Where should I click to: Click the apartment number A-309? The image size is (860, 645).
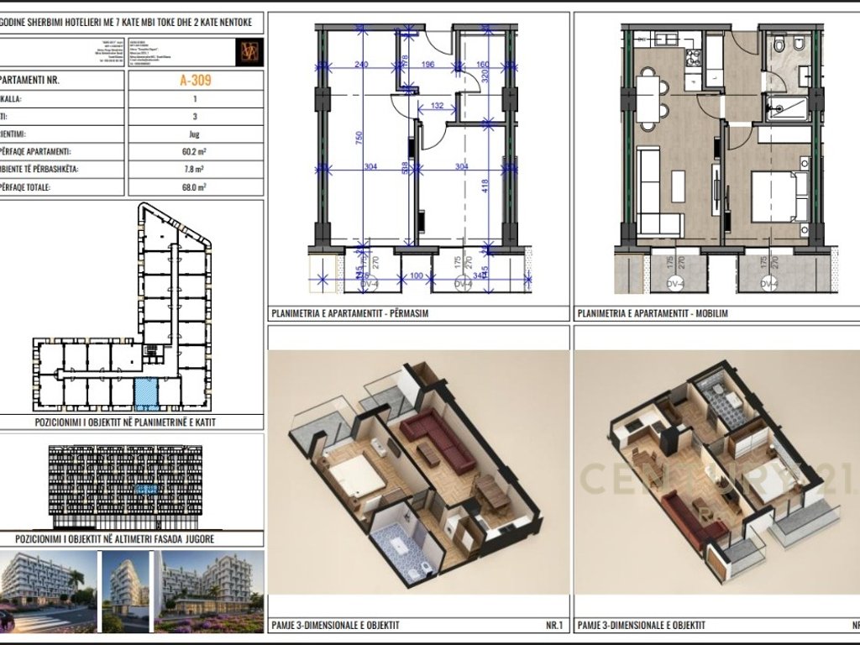pyautogui.click(x=195, y=81)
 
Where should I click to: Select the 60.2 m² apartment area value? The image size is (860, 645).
pyautogui.click(x=195, y=152)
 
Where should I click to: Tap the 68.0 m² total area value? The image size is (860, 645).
pyautogui.click(x=195, y=187)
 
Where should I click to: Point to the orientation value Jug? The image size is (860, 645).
pyautogui.click(x=195, y=134)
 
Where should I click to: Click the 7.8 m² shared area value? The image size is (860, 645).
pyautogui.click(x=195, y=170)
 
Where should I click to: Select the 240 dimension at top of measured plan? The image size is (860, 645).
pyautogui.click(x=362, y=66)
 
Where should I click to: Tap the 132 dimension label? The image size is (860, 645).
pyautogui.click(x=438, y=106)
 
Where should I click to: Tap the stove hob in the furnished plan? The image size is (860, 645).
pyautogui.click(x=695, y=58)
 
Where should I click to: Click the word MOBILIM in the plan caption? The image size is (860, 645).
pyautogui.click(x=709, y=313)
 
